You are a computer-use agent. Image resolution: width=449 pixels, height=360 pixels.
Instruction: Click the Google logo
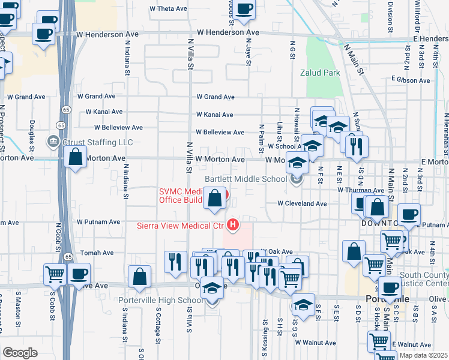pyautogui.click(x=20, y=352)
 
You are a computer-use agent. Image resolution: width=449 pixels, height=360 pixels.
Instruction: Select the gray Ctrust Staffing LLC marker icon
pyautogui.click(x=52, y=142)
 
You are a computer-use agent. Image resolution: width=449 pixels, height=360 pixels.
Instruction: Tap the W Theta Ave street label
pyautogui.click(x=169, y=9)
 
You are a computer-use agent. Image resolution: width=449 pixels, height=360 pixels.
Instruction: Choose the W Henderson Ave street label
pyautogui.click(x=228, y=32)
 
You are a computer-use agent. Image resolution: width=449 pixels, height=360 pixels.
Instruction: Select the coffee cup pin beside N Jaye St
pyautogui.click(x=244, y=8)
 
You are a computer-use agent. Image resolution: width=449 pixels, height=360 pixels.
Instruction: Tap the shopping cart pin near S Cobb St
pyautogui.click(x=55, y=274)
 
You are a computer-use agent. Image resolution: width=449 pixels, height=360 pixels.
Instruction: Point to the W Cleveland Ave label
pyautogui.click(x=302, y=203)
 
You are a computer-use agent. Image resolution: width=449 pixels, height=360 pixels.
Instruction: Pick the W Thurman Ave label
pyautogui.click(x=360, y=190)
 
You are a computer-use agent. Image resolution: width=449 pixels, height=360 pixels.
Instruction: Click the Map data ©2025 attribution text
pyautogui.click(x=423, y=355)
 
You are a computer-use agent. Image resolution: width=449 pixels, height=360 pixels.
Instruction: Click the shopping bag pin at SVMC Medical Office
pyautogui.click(x=215, y=197)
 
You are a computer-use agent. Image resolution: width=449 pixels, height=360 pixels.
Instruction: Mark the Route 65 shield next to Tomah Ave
pyautogui.click(x=68, y=257)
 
